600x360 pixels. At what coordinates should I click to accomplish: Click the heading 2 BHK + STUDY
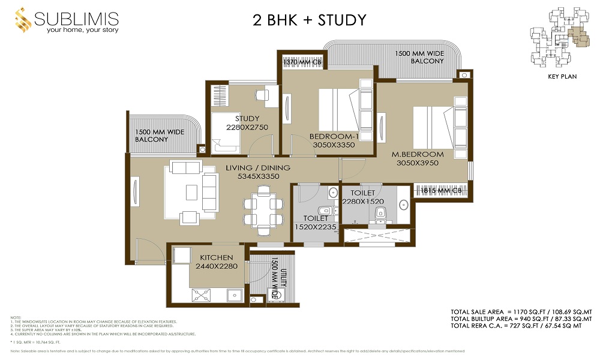(x=309, y=20)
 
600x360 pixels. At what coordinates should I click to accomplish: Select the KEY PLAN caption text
(x=561, y=77)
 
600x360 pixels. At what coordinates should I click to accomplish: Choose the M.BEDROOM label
(x=418, y=154)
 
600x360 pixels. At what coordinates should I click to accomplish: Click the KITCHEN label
(x=217, y=257)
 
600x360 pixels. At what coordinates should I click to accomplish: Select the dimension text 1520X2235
(x=316, y=227)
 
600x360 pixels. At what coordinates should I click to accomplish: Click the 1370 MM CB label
(x=303, y=62)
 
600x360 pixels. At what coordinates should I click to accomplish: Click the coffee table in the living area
(x=191, y=192)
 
